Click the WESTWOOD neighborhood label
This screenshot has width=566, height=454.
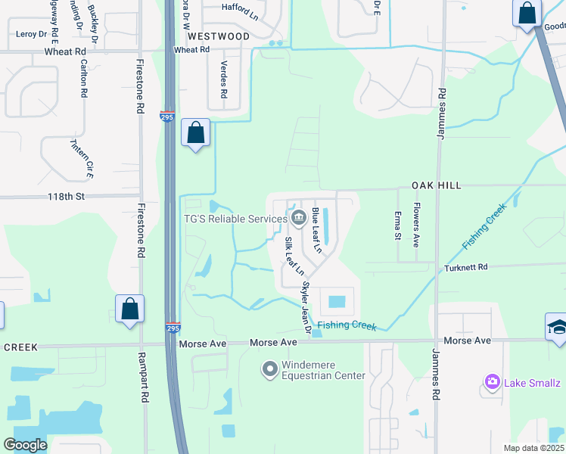pyautogui.click(x=218, y=36)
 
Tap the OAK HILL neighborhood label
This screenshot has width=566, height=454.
pyautogui.click(x=436, y=185)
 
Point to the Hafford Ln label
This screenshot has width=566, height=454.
pyautogui.click(x=240, y=8)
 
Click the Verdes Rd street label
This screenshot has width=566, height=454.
pyautogui.click(x=223, y=80)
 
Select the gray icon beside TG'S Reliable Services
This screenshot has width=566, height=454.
pyautogui.click(x=298, y=219)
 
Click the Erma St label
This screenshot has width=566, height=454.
pyautogui.click(x=398, y=225)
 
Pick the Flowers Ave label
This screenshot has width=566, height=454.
pyautogui.click(x=416, y=225)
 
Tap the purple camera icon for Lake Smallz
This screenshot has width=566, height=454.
pyautogui.click(x=493, y=381)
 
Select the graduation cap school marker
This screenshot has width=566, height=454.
pyautogui.click(x=557, y=327)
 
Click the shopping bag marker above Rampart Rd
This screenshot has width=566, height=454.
pyautogui.click(x=129, y=309)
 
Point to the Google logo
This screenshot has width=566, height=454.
pyautogui.click(x=26, y=445)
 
